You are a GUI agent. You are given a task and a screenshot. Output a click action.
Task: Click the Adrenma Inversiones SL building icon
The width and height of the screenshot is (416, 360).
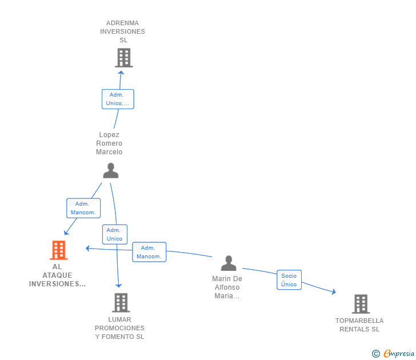[x=123, y=58]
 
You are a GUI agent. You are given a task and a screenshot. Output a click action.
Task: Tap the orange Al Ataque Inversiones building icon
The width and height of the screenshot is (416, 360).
[x=58, y=250]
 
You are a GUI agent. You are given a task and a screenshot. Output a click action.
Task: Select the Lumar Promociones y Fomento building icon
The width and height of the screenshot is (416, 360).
[x=121, y=302]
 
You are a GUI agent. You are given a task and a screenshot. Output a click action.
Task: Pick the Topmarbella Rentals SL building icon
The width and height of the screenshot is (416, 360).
[x=360, y=304]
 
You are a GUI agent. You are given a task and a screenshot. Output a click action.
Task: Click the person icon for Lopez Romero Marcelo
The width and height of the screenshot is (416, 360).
[x=110, y=170]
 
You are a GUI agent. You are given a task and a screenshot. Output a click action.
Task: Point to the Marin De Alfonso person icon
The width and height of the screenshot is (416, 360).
[x=229, y=263]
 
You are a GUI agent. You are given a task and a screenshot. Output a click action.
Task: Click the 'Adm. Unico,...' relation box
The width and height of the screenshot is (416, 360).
[x=118, y=99]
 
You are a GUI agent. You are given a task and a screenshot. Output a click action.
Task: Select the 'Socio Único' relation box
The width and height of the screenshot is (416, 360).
[x=289, y=280]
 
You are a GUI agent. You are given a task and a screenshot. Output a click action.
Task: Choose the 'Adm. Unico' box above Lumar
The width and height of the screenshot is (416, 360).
[x=114, y=234]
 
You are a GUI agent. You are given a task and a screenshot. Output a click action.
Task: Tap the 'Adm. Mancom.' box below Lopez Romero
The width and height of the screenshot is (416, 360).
[x=83, y=208]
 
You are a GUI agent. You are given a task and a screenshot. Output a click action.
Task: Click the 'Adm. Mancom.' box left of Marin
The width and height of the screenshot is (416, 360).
[x=149, y=252]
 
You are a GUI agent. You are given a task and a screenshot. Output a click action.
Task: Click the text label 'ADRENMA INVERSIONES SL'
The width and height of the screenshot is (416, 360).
[x=122, y=31]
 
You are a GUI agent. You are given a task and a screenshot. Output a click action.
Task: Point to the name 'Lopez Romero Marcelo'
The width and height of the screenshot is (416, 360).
[x=109, y=143]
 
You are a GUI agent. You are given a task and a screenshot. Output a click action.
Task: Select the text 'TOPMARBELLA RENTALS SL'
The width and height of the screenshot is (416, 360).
[x=359, y=325]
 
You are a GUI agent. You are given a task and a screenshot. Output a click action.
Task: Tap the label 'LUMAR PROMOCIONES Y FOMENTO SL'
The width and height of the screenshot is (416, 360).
[x=120, y=328]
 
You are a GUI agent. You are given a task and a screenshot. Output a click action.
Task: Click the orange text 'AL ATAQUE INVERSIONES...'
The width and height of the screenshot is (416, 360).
[x=57, y=275]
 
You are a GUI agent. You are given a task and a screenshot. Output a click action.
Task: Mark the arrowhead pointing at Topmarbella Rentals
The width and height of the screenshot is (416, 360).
[x=334, y=293]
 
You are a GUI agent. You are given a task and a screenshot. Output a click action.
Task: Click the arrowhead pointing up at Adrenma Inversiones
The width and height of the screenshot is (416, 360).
[x=121, y=71]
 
